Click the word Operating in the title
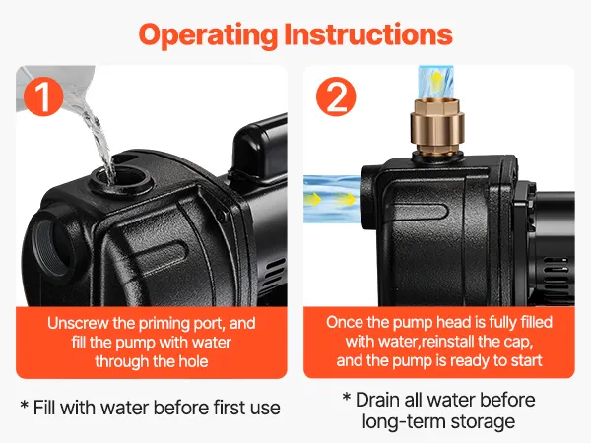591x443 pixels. point(208,35)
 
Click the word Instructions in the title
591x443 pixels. point(367,33)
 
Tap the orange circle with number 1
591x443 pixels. point(43,96)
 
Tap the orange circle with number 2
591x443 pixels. point(336,96)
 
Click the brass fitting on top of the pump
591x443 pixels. point(436,126)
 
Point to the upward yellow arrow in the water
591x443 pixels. point(436,82)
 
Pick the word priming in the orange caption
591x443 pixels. point(164,324)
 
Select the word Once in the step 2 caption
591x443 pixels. point(345,322)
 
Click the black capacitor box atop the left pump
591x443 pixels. point(260,147)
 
